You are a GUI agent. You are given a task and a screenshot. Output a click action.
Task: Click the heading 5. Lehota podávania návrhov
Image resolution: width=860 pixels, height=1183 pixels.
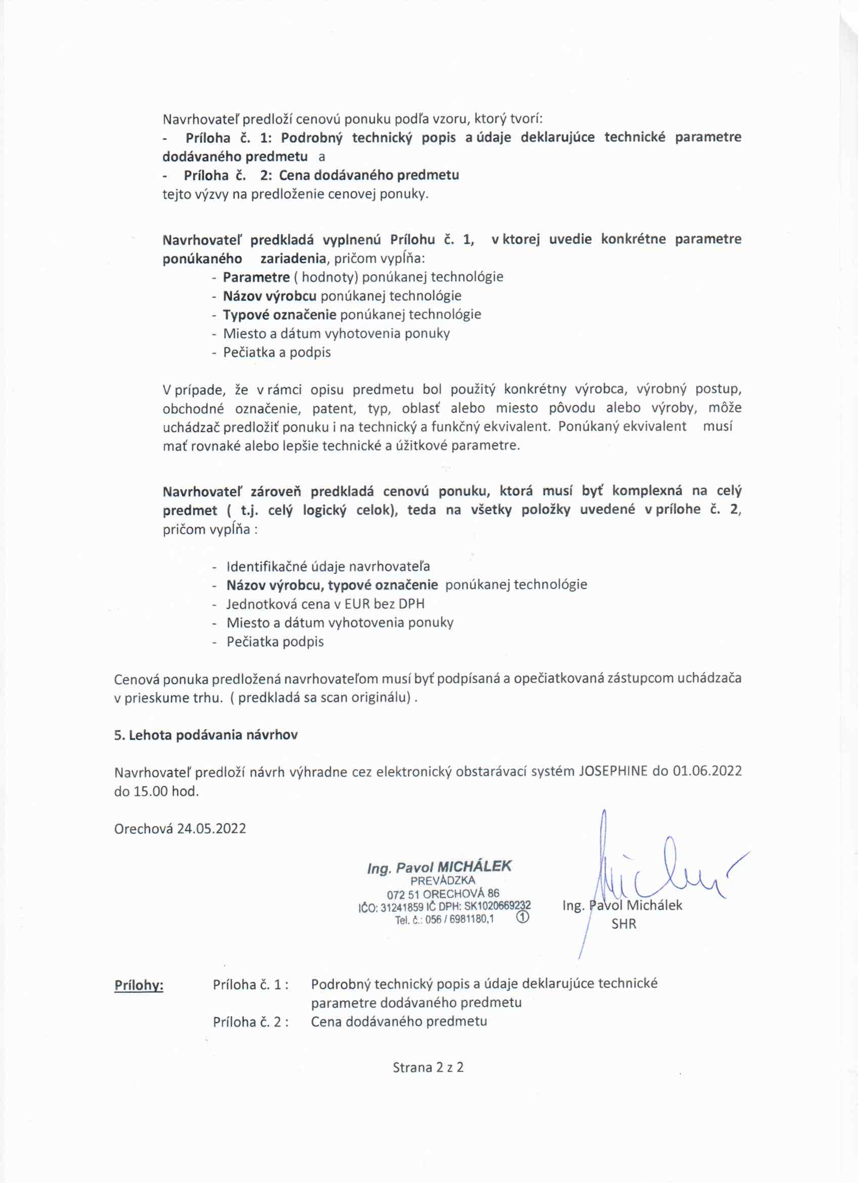[206, 735]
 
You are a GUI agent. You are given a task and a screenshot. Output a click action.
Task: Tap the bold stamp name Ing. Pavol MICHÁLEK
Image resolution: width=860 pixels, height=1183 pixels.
[439, 867]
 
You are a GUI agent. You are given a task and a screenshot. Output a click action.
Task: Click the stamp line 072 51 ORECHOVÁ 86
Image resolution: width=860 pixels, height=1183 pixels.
[443, 894]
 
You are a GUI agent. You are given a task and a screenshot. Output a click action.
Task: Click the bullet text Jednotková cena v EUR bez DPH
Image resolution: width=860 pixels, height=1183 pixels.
[325, 604]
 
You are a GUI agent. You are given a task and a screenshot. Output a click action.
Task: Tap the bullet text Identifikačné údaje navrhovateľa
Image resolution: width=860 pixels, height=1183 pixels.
[328, 566]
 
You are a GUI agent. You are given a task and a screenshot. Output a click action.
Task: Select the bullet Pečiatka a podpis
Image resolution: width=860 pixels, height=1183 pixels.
[277, 352]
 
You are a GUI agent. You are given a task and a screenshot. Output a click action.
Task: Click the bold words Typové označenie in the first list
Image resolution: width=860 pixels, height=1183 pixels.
[280, 315]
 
